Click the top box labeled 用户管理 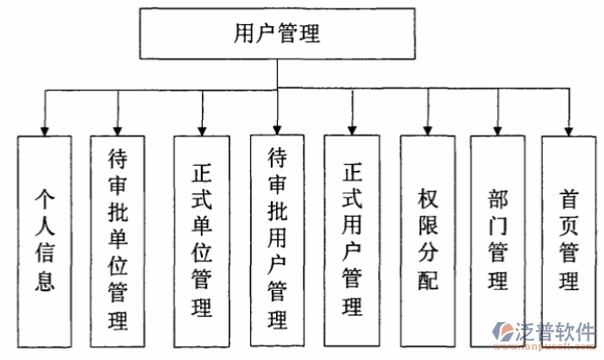[x=277, y=35]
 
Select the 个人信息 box [x=45, y=239]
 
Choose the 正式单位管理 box [x=201, y=239]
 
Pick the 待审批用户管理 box [x=277, y=239]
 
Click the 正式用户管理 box [x=351, y=239]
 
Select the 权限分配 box [x=427, y=239]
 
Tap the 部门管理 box [x=497, y=239]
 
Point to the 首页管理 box [x=568, y=239]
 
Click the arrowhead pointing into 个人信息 [x=45, y=129]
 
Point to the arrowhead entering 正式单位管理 [x=201, y=129]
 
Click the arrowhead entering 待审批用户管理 [x=277, y=129]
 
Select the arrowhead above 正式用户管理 [x=351, y=129]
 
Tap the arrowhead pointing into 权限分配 [x=427, y=129]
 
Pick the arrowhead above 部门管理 [x=497, y=129]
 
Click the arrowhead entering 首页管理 [x=568, y=129]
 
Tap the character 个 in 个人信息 [x=45, y=199]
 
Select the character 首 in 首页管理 [x=568, y=199]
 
